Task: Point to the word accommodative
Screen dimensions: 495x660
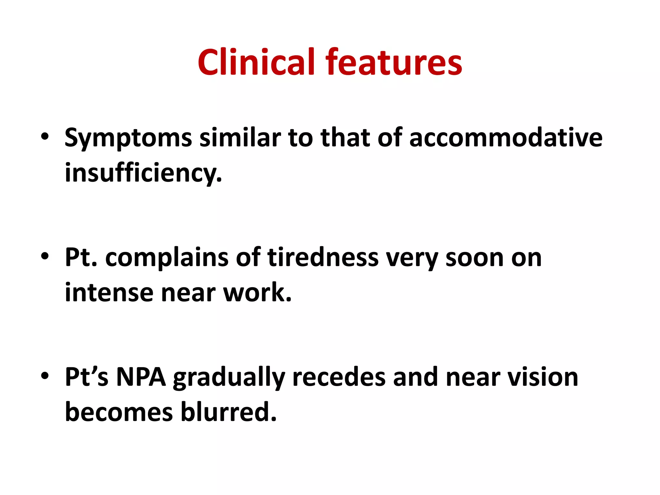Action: point(506,138)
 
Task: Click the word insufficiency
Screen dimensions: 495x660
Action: point(143,173)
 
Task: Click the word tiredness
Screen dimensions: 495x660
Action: point(323,257)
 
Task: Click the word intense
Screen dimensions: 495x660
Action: point(109,293)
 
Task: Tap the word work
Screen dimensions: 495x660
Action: point(257,293)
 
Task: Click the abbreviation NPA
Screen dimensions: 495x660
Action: point(141,377)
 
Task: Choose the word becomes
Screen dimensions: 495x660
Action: point(119,412)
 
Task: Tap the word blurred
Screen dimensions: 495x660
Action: point(228,412)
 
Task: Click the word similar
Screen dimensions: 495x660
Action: point(240,138)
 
